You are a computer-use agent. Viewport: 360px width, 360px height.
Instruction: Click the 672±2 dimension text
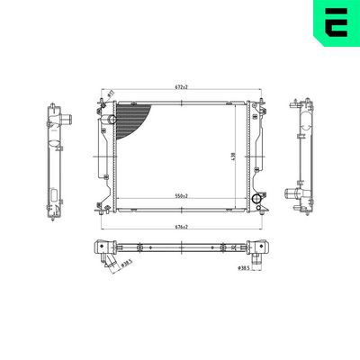point(180,87)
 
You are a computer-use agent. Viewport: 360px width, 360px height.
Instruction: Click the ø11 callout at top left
point(110,94)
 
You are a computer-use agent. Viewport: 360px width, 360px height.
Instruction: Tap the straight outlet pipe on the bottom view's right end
point(258,256)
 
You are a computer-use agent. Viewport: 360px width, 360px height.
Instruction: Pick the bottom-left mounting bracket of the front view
point(101,207)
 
